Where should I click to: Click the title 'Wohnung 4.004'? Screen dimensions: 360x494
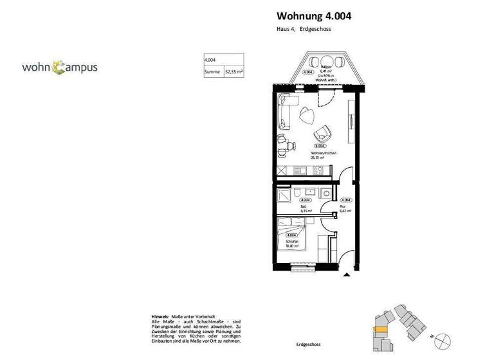coord(314,16)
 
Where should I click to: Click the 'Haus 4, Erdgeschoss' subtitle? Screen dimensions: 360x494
coord(304,30)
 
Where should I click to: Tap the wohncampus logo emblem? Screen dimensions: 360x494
coord(59,66)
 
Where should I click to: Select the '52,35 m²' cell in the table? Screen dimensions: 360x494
coord(233,73)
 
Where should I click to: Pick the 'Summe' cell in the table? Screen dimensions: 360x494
coord(212,73)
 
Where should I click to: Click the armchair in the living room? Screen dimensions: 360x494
coord(321,134)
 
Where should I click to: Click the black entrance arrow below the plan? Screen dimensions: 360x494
coord(347,275)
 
